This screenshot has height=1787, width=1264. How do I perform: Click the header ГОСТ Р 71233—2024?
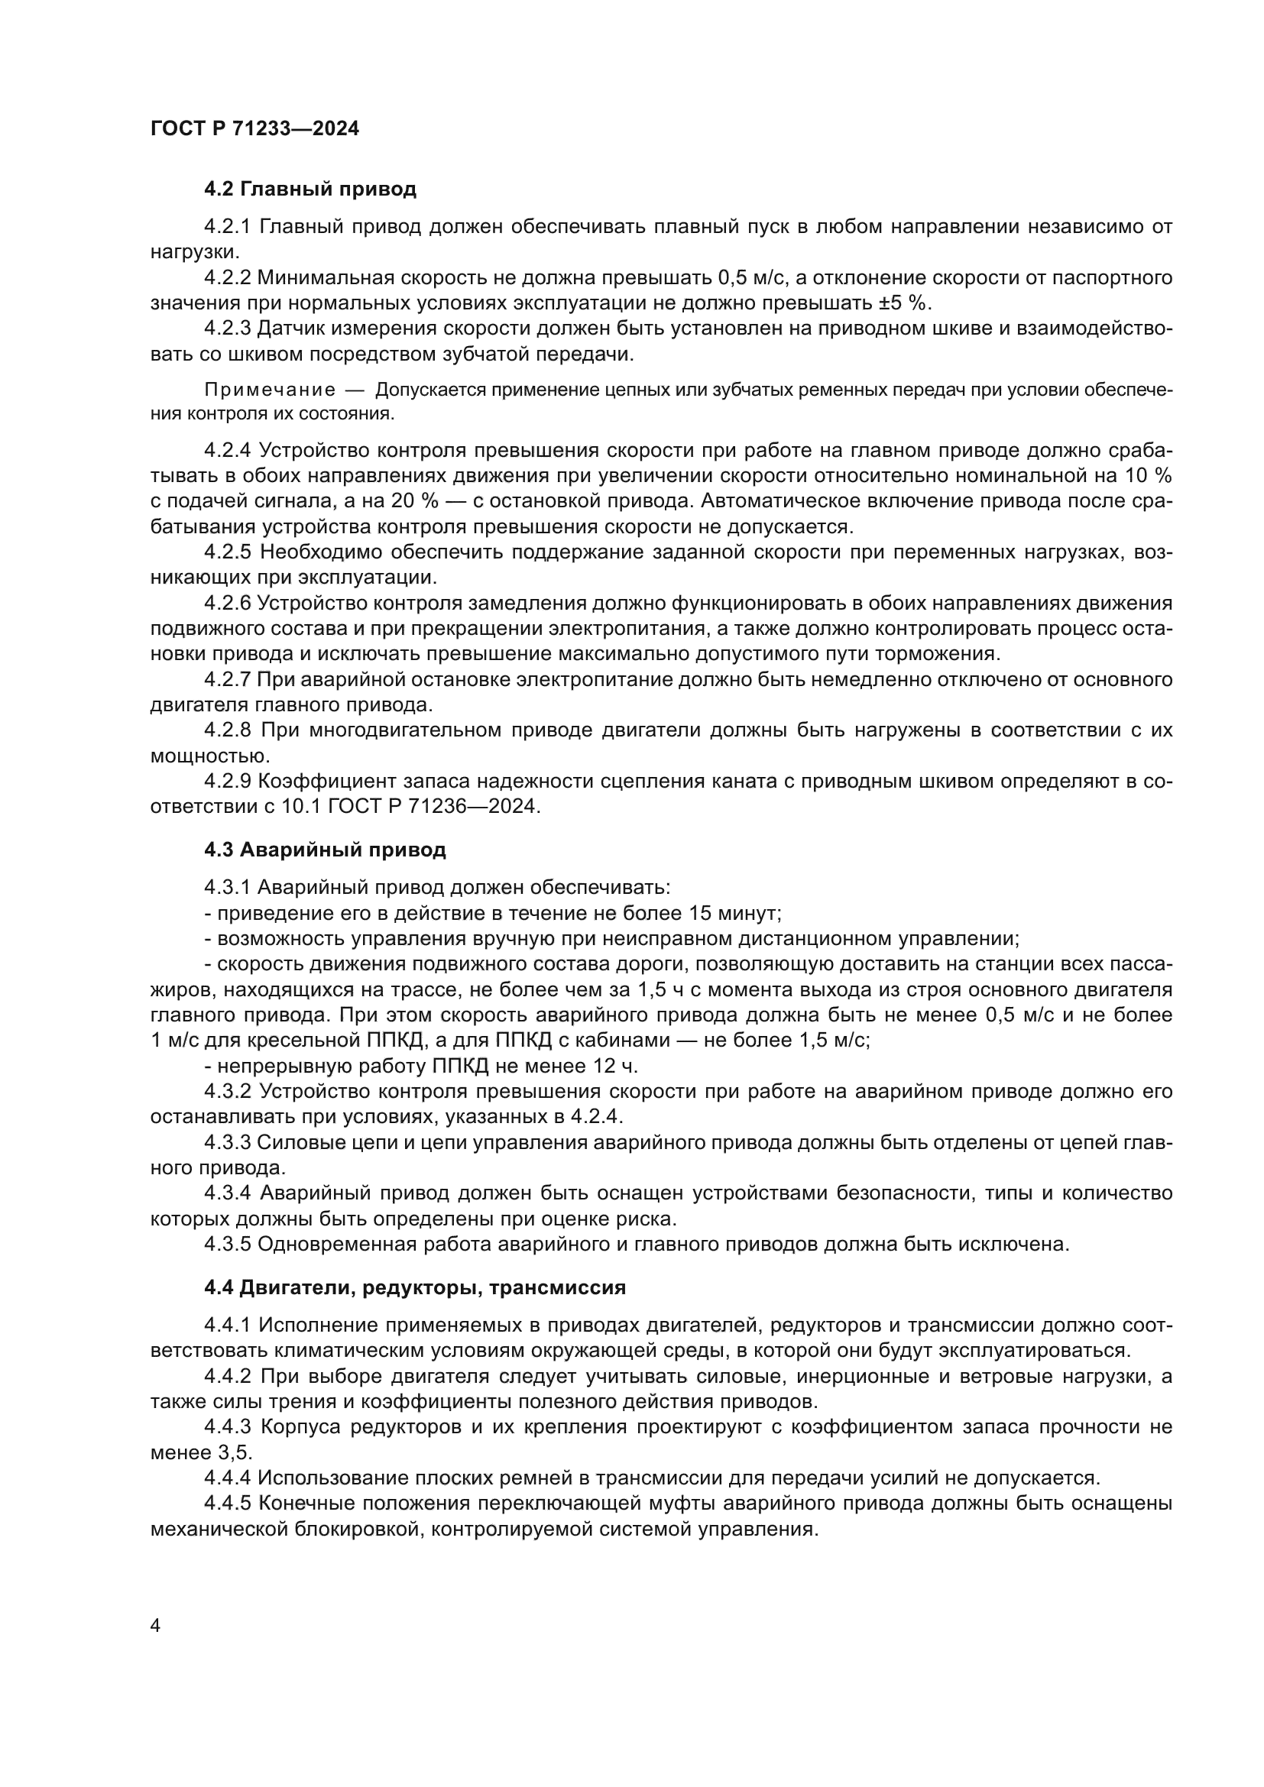(254, 128)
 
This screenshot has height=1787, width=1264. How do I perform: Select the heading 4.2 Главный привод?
(310, 189)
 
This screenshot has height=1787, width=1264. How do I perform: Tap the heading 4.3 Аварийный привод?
(325, 849)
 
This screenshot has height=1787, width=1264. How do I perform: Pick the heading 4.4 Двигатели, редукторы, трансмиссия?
(415, 1287)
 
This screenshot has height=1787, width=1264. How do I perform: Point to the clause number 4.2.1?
(227, 226)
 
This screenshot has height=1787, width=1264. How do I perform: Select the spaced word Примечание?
(270, 390)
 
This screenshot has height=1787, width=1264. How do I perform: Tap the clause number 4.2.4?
(227, 451)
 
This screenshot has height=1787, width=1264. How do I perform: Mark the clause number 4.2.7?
(227, 679)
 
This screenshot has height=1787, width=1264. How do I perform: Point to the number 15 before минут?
(698, 912)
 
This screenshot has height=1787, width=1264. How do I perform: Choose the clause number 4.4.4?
(227, 1478)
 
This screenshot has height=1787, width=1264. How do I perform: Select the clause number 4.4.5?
(227, 1503)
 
